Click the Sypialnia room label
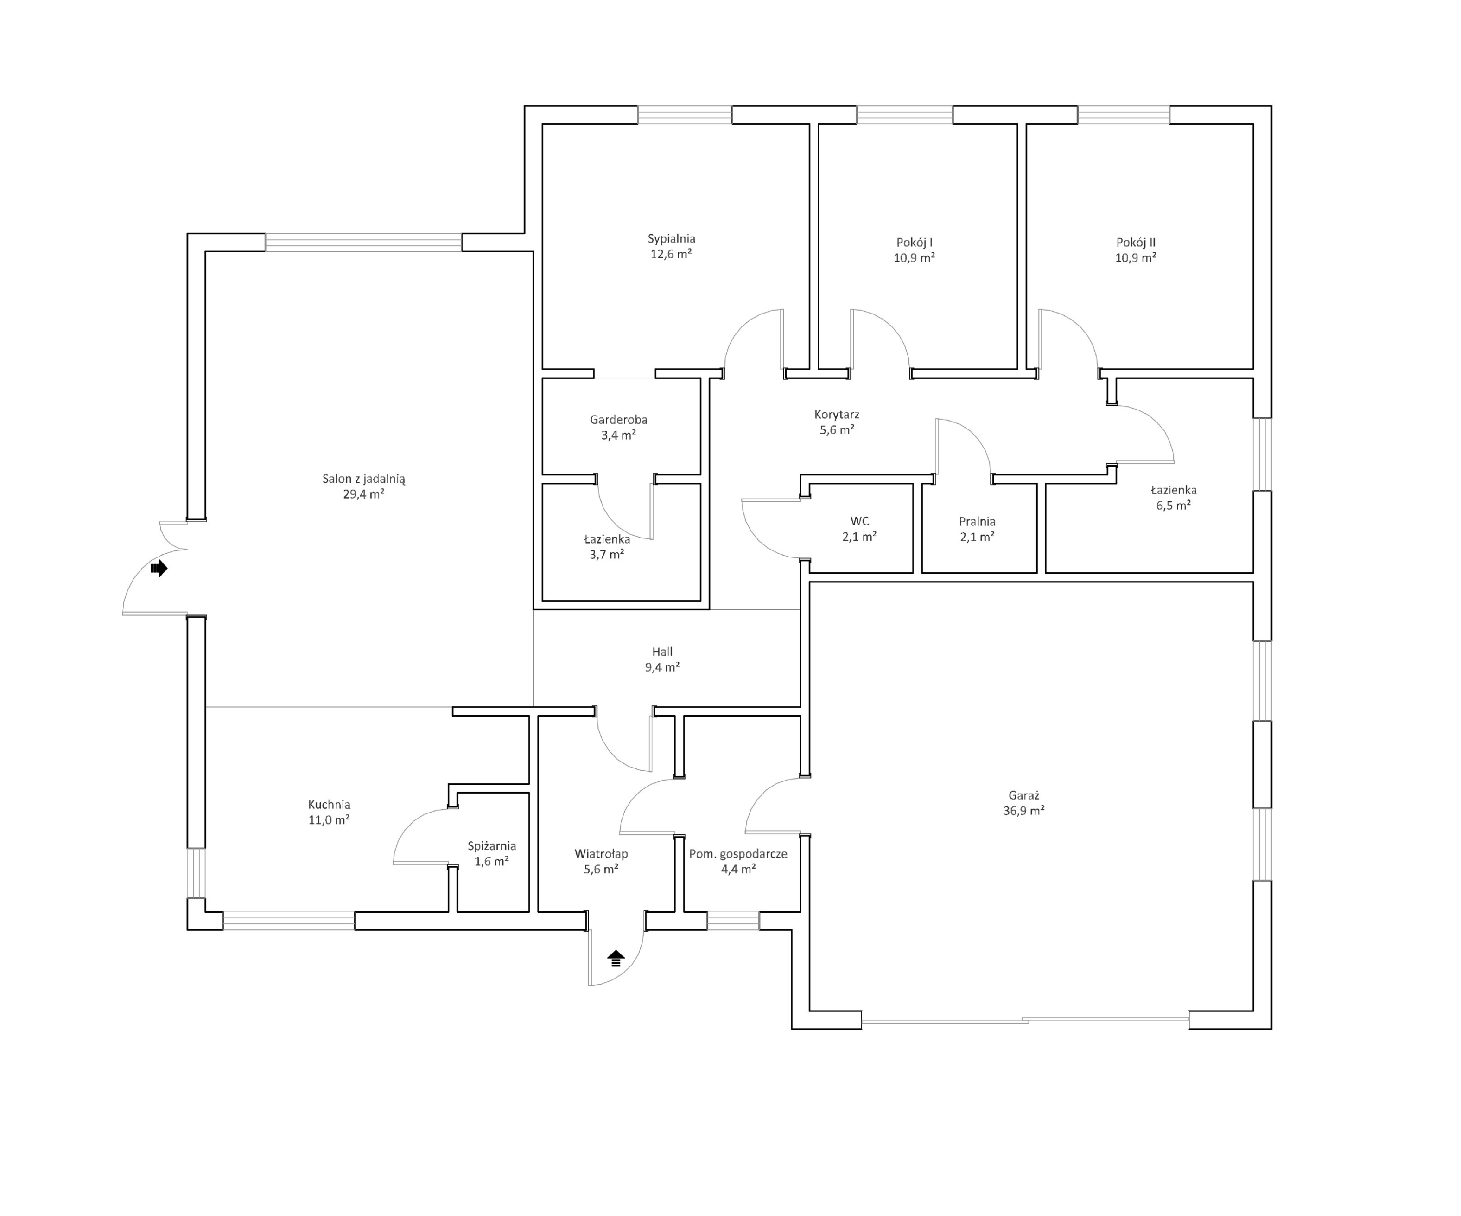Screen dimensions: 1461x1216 tap(671, 239)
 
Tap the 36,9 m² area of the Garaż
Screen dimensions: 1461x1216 tap(1023, 811)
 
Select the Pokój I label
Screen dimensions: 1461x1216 tap(914, 243)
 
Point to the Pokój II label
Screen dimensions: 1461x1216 tap(1136, 243)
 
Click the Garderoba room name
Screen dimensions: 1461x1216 tap(618, 420)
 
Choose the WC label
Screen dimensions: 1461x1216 tap(860, 521)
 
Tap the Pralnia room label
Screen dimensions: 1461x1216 tap(977, 521)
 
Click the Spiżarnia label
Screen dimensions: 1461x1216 tap(492, 846)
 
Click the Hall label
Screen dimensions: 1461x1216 tap(662, 652)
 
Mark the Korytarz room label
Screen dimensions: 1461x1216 tap(837, 415)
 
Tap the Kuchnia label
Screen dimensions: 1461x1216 tap(329, 805)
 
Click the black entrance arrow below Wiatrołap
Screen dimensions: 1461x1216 tap(616, 959)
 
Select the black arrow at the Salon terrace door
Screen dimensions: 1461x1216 tap(159, 568)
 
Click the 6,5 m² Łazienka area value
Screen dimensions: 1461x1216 tap(1174, 506)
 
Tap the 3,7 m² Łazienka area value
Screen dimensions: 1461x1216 tap(607, 555)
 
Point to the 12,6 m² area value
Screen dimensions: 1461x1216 tap(671, 254)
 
